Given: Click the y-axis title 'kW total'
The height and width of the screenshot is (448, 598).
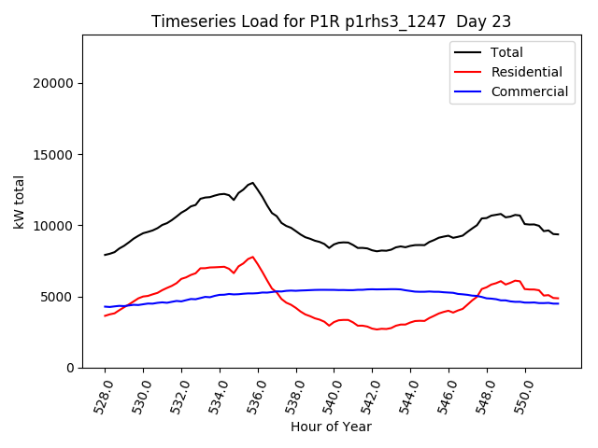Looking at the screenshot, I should [x=19, y=202].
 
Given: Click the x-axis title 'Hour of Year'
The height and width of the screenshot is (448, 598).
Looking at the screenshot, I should [x=331, y=427].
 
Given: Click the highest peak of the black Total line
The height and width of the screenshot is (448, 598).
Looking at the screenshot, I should [x=252, y=183].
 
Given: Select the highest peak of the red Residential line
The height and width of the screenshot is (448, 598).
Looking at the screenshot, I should [x=252, y=257].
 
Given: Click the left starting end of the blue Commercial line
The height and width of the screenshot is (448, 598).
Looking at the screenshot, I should [x=106, y=306].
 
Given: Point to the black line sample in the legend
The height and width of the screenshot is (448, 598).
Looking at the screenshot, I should [x=468, y=52].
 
